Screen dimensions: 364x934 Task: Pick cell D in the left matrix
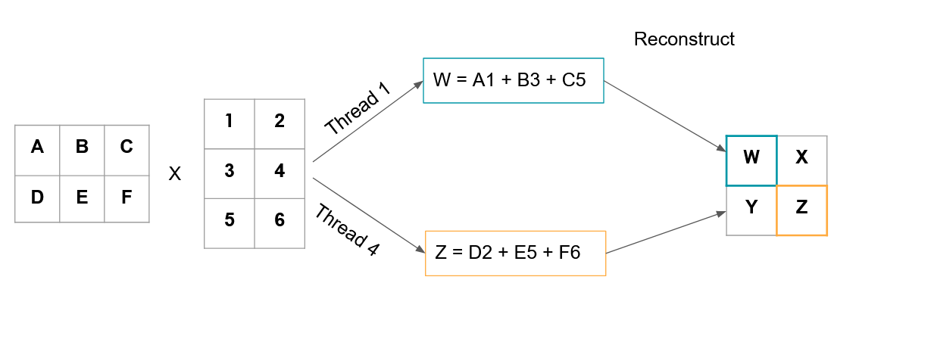[37, 198]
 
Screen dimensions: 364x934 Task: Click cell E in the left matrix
[82, 198]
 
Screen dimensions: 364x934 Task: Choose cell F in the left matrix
[127, 198]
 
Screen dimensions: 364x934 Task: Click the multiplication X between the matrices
[174, 174]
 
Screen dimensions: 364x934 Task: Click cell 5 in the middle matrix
[230, 222]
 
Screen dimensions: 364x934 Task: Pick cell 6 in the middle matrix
[280, 222]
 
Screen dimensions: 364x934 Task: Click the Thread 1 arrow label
[358, 110]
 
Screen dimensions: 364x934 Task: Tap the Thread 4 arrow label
[346, 230]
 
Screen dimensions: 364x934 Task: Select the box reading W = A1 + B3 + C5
[514, 80]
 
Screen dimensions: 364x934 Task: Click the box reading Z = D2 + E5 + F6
[515, 254]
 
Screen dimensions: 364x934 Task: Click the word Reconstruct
[684, 39]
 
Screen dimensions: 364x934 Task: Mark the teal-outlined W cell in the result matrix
[751, 160]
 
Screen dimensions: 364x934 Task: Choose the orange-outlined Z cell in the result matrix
[801, 210]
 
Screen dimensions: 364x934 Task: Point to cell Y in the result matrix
[751, 210]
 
